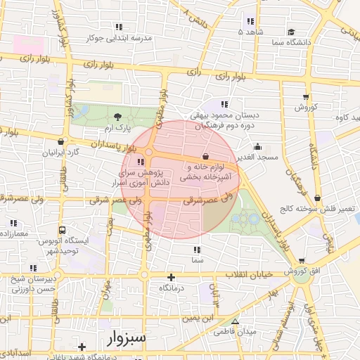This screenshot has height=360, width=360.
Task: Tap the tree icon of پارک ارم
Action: pos(117,117)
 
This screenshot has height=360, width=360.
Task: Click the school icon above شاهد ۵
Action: pos(250,20)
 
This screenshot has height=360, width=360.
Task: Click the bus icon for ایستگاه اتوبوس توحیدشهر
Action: pos(63,230)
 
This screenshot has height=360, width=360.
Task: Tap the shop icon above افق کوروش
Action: pos(302,261)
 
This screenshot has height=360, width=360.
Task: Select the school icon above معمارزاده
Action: pos(12,223)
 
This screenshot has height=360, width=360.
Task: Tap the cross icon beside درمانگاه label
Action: pos(172,277)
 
